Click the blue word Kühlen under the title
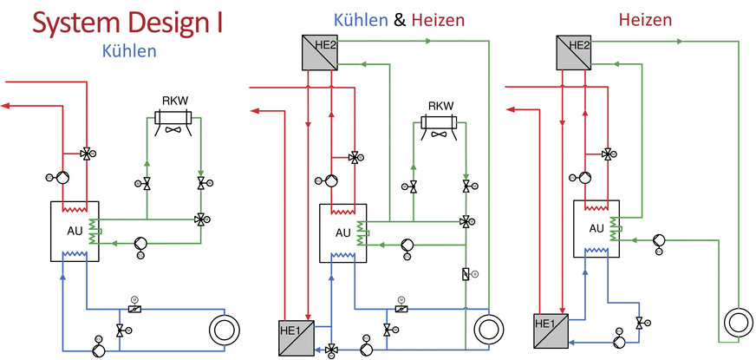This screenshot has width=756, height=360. point(128,51)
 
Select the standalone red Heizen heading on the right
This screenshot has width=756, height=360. point(646,18)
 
